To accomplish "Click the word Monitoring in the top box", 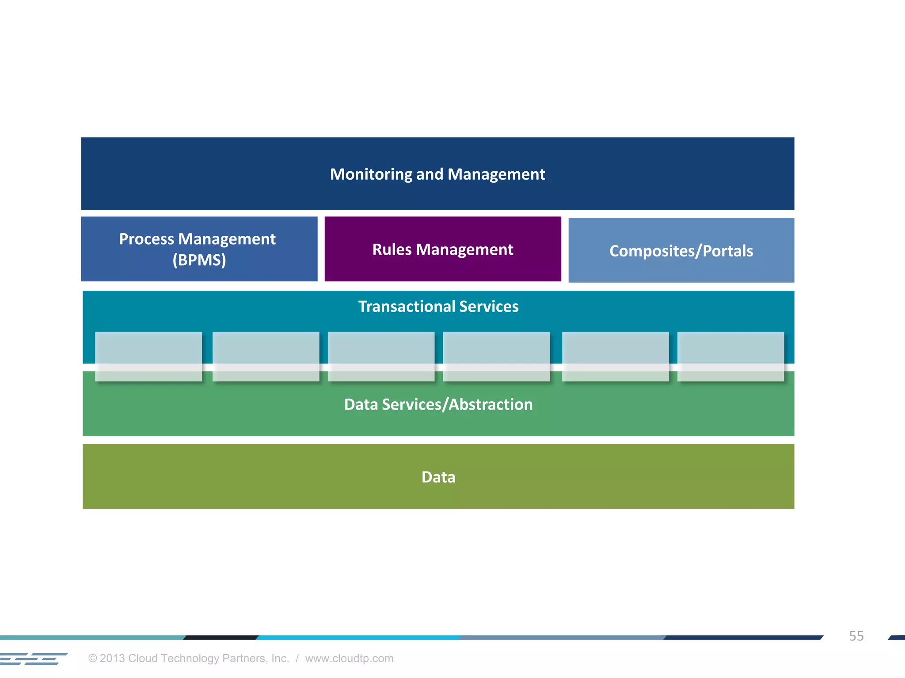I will [x=371, y=174].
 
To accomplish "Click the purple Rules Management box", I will [x=443, y=249].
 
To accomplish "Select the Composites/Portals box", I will [x=681, y=251].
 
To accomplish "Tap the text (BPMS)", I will [x=199, y=260].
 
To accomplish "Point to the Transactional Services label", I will [x=438, y=306].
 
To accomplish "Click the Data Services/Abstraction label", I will [x=438, y=404].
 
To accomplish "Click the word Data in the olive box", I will [x=438, y=477].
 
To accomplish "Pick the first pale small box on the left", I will [x=148, y=356].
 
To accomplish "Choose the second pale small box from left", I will [x=266, y=356].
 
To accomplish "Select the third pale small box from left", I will [x=381, y=356].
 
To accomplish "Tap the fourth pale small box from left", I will [x=496, y=356].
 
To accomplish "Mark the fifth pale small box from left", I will [x=615, y=356].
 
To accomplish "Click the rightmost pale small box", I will [x=730, y=356].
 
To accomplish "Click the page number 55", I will [x=856, y=636].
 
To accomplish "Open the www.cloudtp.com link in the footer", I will [x=349, y=658].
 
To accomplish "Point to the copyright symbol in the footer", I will [x=92, y=658].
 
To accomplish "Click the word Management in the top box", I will [x=496, y=174].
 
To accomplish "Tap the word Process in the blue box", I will [x=147, y=239].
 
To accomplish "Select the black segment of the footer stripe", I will [x=221, y=637].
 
